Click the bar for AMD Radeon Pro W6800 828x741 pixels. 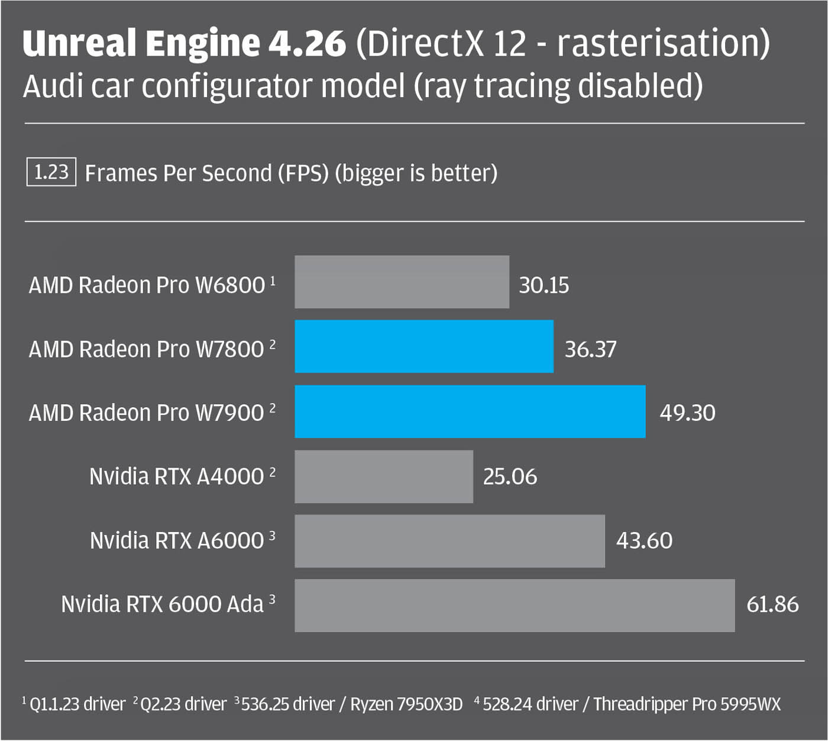point(402,282)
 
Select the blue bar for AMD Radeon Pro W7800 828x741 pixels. point(424,347)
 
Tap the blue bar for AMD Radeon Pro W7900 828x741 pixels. point(470,412)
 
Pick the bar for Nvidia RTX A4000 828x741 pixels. point(384,476)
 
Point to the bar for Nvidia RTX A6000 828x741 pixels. point(449,541)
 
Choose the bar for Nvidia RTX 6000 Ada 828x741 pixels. point(515,605)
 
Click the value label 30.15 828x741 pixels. point(544,285)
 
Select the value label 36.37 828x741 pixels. point(590,349)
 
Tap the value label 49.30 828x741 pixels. point(687,413)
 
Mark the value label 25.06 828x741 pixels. point(510,477)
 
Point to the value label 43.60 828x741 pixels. point(644,541)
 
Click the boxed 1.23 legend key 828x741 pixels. point(51,172)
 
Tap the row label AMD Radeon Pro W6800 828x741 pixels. point(147,285)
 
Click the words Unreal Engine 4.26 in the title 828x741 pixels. point(184,43)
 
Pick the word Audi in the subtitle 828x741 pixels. point(52,86)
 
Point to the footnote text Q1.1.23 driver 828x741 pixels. point(77,704)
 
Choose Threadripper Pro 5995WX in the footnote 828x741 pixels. point(687,704)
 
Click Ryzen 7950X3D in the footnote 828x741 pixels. point(406,704)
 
